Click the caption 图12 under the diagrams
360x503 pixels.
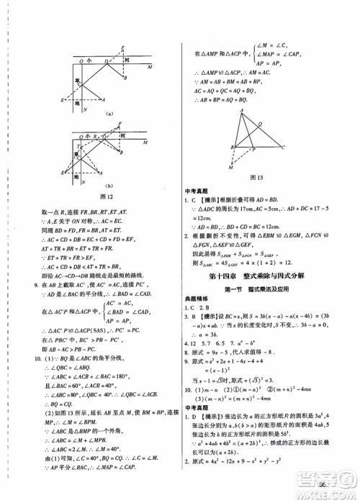point(107,196)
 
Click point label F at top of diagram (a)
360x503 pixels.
point(125,47)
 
